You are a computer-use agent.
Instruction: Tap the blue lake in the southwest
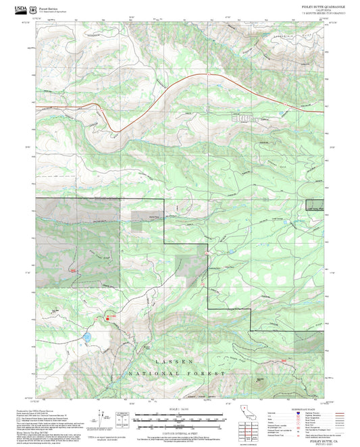pyautogui.click(x=86, y=336)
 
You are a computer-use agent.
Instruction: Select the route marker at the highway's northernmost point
pyautogui.click(x=209, y=74)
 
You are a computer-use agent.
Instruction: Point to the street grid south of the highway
pyautogui.click(x=243, y=116)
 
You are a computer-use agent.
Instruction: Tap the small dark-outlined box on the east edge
pyautogui.click(x=315, y=210)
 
